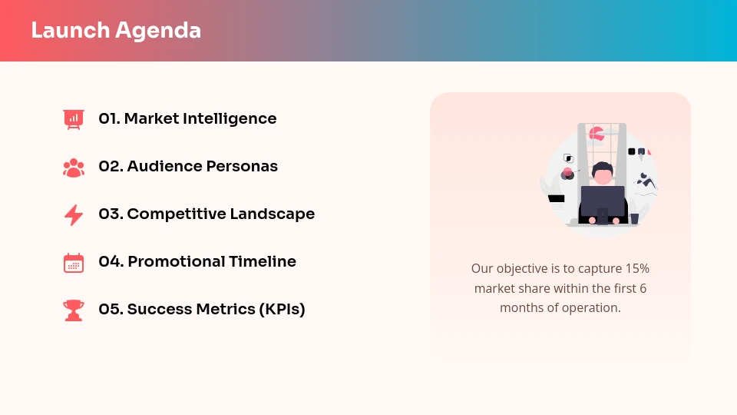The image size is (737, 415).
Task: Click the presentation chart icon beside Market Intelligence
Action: [74, 119]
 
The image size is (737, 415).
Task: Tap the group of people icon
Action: [74, 167]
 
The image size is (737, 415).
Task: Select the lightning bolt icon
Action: [74, 214]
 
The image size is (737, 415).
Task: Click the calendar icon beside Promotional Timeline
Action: [74, 263]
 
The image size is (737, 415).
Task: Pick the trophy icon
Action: [74, 310]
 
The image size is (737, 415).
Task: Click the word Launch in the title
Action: [71, 31]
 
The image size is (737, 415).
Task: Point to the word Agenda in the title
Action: [158, 31]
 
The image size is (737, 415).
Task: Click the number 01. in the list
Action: [109, 119]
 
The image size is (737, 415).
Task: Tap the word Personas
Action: [242, 167]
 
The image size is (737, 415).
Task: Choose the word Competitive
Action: [175, 214]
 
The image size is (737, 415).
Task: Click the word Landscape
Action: [273, 214]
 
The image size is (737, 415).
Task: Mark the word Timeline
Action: [261, 262]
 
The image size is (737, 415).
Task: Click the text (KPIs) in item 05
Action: [282, 310]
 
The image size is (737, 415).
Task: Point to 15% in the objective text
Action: [637, 269]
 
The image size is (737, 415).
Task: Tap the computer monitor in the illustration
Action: [603, 201]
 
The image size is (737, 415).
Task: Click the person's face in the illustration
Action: [603, 177]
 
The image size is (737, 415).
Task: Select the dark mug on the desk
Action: [634, 218]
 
